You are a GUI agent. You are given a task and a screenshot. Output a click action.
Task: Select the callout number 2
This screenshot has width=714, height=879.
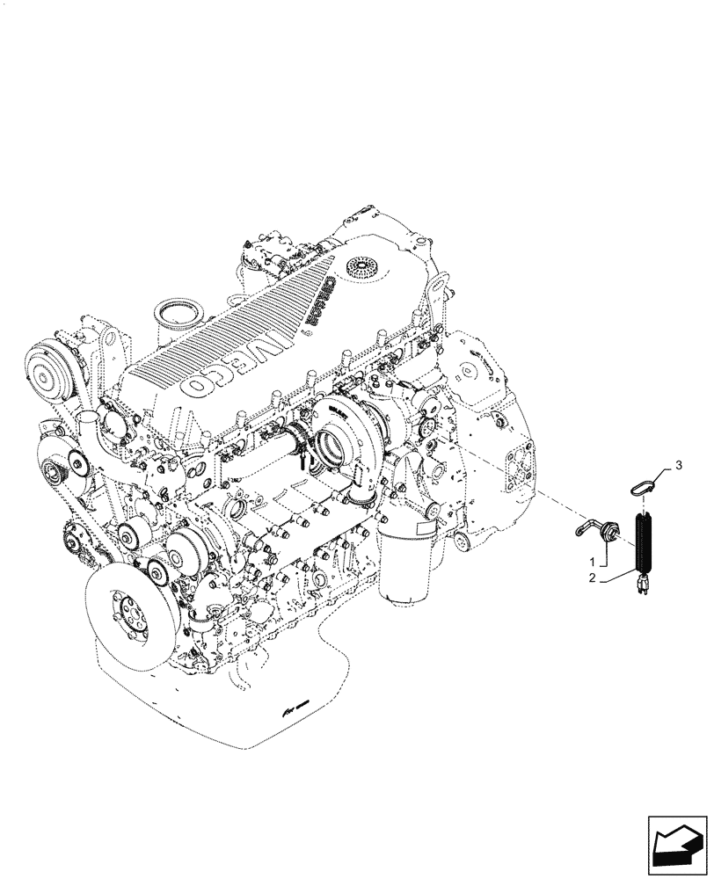594,579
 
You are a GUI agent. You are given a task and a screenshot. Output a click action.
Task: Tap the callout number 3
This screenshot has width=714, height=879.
678,462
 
